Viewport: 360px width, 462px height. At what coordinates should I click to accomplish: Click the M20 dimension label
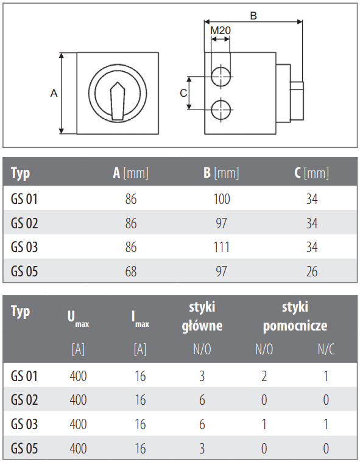[221, 30]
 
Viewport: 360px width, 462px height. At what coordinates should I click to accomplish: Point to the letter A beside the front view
[54, 93]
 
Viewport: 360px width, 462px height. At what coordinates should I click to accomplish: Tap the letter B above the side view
[253, 16]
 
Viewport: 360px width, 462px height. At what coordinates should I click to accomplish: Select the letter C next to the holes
[183, 93]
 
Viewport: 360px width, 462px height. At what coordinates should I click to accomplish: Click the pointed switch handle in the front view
[118, 101]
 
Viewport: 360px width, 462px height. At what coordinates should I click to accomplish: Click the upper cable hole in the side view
[221, 77]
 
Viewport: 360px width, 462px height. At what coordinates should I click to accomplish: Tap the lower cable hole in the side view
[221, 110]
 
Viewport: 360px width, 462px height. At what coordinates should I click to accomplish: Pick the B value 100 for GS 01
[222, 199]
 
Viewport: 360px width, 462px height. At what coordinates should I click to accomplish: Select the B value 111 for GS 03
[222, 247]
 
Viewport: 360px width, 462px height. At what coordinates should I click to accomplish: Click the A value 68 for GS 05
[131, 271]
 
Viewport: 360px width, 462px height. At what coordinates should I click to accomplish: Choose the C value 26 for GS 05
[312, 271]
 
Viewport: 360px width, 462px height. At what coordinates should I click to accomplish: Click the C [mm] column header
[312, 173]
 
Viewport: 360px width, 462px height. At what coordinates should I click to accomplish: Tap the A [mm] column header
[130, 173]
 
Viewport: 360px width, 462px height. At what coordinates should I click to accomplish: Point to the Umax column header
[78, 319]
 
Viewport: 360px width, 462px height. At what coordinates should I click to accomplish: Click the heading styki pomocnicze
[295, 316]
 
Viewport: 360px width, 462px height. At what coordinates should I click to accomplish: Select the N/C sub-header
[326, 349]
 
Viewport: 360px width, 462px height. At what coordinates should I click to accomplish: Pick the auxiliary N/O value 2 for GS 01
[264, 376]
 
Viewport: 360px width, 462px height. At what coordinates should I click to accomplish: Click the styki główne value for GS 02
[202, 400]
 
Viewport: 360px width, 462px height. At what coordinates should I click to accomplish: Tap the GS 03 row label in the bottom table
[24, 424]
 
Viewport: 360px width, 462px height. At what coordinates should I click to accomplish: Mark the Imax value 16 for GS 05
[140, 449]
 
